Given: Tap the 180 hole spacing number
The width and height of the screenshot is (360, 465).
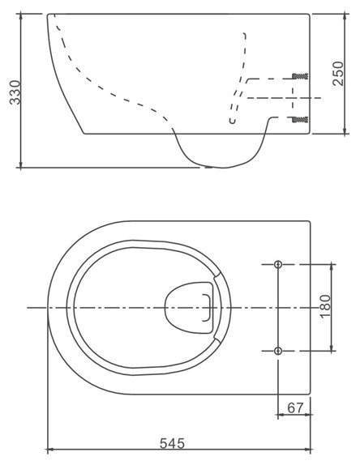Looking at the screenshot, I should (326, 307).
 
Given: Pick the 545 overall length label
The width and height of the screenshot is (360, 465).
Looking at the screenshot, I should (171, 443).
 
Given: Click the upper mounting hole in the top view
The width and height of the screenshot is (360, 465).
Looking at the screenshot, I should (278, 264).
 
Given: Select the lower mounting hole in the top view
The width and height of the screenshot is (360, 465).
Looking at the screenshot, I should (278, 350).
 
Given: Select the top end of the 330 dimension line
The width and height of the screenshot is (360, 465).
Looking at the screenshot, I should (22, 14).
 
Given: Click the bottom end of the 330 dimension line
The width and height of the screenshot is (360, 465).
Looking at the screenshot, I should (22, 168).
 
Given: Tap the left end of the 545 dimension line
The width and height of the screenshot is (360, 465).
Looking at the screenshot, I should (48, 450).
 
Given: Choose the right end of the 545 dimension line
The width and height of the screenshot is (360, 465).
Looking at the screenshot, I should (311, 450).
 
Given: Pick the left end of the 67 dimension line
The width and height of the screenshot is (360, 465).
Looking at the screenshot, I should (278, 414).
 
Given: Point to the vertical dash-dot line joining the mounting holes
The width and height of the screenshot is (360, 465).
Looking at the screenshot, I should (278, 307).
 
